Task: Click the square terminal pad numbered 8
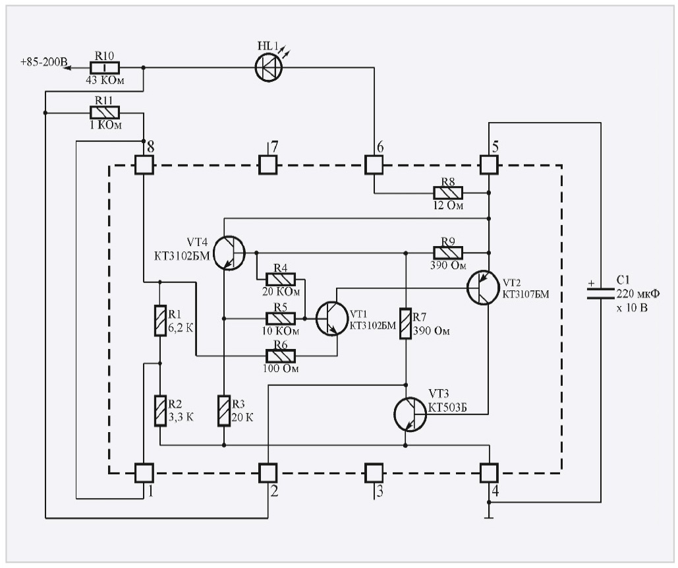pos(144,164)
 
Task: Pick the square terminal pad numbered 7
pos(268,164)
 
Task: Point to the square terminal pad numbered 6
pos(374,164)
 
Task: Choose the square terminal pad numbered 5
pos(489,164)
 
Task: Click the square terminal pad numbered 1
pos(144,472)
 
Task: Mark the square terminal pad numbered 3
pos(374,472)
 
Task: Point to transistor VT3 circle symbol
pos(410,414)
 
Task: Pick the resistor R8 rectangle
pos(448,193)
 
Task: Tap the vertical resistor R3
pos(224,411)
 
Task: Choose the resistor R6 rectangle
pos(280,356)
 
